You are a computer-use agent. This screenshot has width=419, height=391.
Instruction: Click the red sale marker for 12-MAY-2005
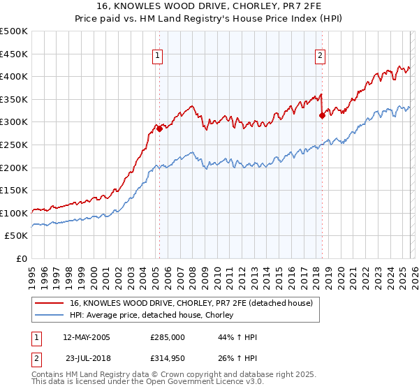click(x=159, y=128)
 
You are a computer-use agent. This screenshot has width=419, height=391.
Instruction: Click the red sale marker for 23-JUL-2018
click(x=322, y=115)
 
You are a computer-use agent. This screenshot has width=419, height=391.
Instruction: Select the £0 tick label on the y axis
click(x=22, y=258)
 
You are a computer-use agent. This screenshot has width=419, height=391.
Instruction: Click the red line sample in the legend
click(x=50, y=303)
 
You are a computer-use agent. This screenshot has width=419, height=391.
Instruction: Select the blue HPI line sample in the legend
click(x=50, y=316)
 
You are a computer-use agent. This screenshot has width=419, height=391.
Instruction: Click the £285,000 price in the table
click(x=168, y=337)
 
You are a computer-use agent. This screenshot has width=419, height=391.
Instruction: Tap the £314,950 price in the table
click(x=168, y=359)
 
